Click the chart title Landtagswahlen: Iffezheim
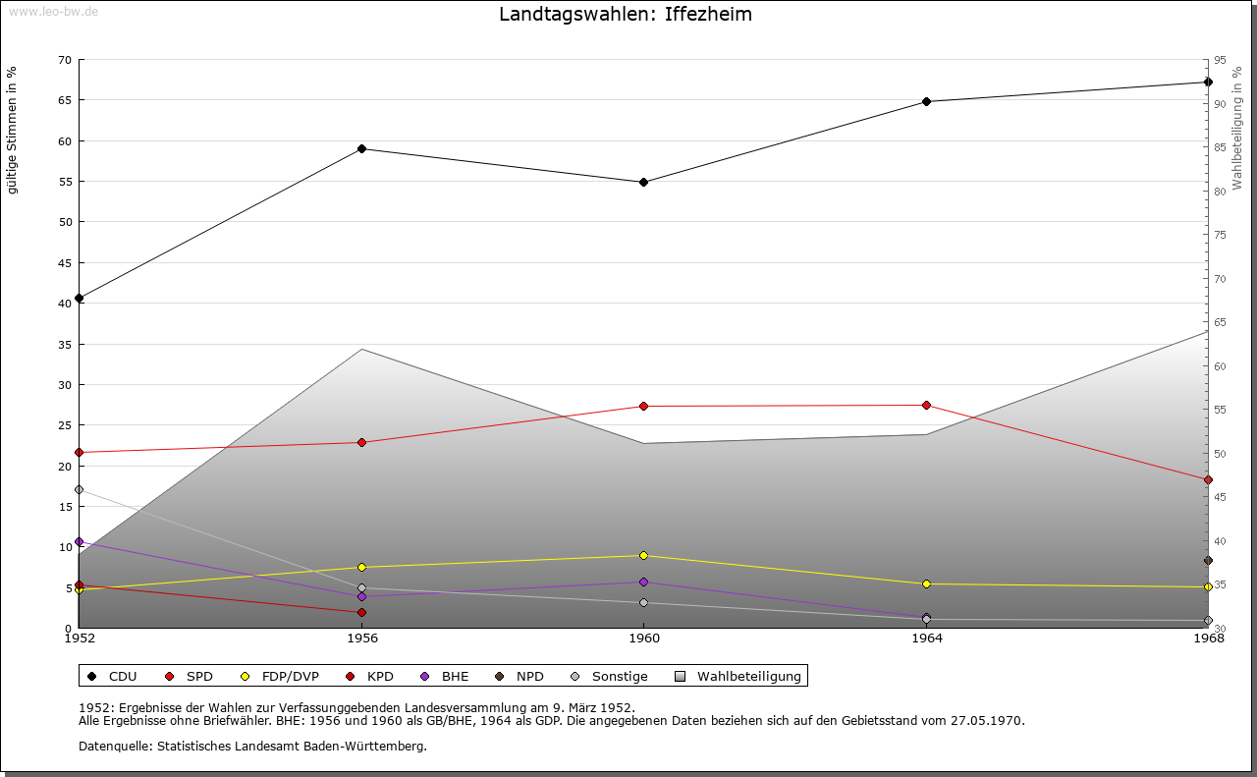(x=626, y=14)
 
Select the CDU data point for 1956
(x=361, y=148)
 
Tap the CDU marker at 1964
(x=926, y=101)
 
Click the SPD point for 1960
(x=643, y=406)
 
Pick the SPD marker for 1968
(x=1208, y=479)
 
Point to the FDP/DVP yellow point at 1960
(x=643, y=555)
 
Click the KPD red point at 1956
(x=361, y=612)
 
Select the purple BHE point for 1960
(x=643, y=582)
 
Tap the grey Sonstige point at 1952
(x=79, y=489)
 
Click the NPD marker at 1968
(x=1208, y=561)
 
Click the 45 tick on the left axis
(x=64, y=262)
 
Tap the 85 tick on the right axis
(x=1219, y=147)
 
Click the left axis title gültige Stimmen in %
(x=12, y=130)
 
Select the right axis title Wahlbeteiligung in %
(x=1237, y=128)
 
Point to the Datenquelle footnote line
(x=252, y=746)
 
